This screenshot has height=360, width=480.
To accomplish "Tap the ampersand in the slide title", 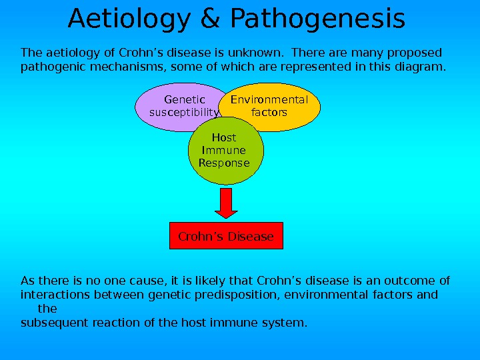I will tap(210, 19).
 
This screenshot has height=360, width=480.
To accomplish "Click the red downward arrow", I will tap(227, 203).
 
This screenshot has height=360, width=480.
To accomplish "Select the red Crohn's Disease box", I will tap(226, 236).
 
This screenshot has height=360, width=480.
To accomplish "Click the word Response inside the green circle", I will tap(224, 163).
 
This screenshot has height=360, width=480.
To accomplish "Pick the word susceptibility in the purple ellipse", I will tap(183, 113).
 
